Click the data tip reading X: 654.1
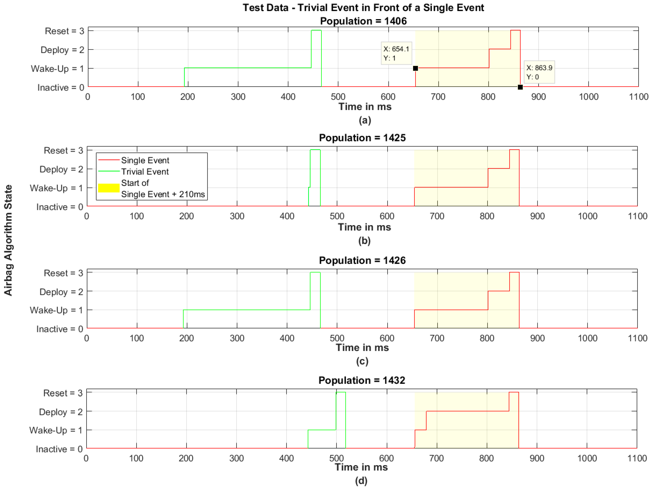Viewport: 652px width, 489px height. click(x=396, y=53)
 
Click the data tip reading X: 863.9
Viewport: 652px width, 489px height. click(x=539, y=72)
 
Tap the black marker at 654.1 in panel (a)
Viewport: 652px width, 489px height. click(x=415, y=68)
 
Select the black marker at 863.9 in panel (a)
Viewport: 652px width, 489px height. click(x=520, y=87)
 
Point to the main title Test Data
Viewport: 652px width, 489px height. click(x=363, y=8)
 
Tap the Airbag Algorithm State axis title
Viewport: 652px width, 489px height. click(x=8, y=240)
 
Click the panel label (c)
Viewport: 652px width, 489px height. click(x=362, y=361)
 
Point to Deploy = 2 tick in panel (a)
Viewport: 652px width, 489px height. click(x=62, y=50)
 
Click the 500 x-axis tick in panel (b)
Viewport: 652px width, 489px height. click(x=337, y=216)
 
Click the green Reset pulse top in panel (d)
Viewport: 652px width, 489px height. click(x=341, y=392)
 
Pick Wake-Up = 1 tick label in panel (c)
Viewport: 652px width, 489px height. click(x=56, y=310)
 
